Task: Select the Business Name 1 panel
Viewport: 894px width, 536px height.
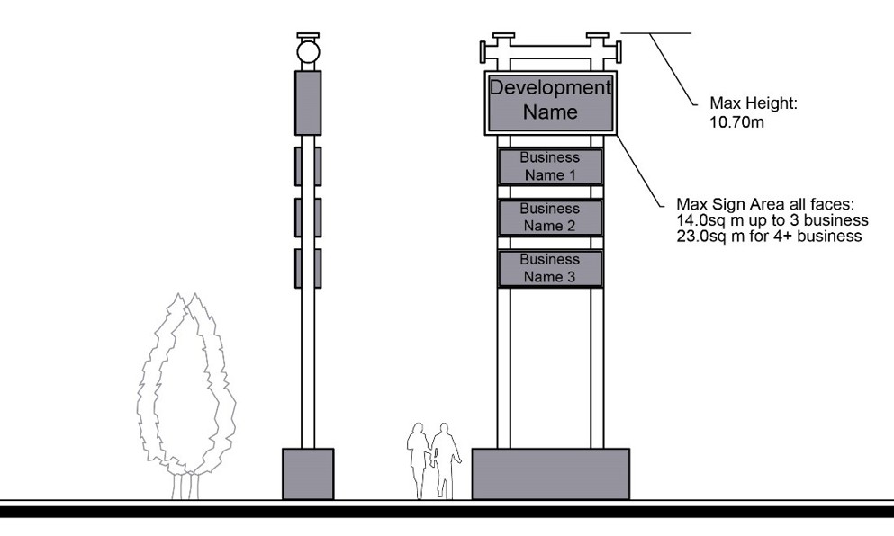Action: click(550, 166)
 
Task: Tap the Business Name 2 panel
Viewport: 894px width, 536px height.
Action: click(550, 218)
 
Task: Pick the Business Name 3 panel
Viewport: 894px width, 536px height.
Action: click(550, 268)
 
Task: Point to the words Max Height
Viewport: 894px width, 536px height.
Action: click(754, 104)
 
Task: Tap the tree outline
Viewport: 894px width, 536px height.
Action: click(186, 396)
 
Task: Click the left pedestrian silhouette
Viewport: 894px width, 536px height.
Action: click(420, 459)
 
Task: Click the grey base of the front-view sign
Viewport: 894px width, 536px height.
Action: click(550, 473)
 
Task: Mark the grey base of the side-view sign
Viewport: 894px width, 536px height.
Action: click(308, 473)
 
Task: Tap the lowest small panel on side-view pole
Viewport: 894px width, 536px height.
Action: click(308, 268)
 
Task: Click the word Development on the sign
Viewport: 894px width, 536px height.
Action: click(550, 88)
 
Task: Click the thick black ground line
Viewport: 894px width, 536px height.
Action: click(447, 511)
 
